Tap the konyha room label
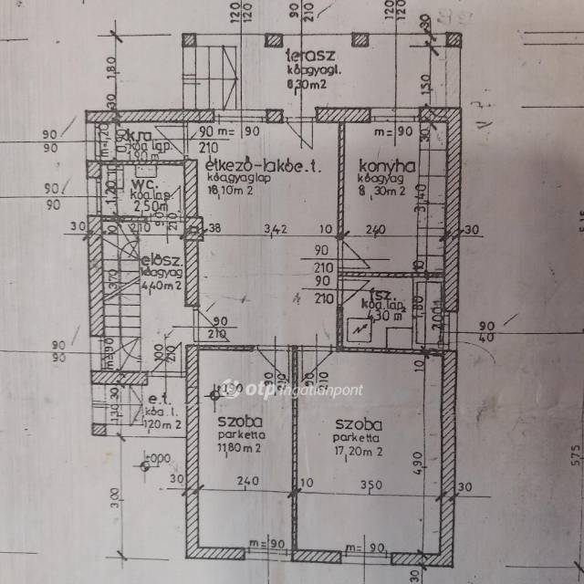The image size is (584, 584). click(387, 166)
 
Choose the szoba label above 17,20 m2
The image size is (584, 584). click(359, 425)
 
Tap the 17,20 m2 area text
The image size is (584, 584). click(358, 451)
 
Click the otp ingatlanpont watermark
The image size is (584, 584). click(293, 388)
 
